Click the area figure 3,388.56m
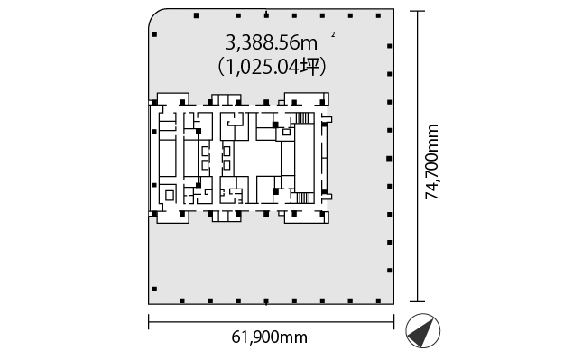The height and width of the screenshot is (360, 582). tap(272, 43)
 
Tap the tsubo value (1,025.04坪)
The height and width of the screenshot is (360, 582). tap(272, 67)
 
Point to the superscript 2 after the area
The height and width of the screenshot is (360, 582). tap(333, 34)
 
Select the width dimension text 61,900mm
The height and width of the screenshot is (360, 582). tap(270, 337)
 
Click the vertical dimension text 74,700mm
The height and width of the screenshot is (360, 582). tap(431, 162)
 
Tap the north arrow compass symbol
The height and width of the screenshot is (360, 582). tap(423, 331)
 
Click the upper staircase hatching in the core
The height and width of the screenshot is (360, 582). tap(302, 117)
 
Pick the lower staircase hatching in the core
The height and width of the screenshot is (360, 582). tap(302, 198)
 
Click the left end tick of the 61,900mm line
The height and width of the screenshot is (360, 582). tap(149, 321)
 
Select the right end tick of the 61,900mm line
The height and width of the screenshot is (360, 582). tap(393, 321)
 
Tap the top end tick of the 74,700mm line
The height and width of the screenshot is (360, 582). tap(418, 11)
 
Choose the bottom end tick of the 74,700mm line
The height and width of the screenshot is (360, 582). tap(418, 301)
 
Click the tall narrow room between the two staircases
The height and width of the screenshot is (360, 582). tap(304, 158)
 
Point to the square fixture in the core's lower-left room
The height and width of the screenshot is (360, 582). tap(170, 195)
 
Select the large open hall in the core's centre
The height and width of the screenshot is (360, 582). tap(257, 158)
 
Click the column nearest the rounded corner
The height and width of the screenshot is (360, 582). tap(154, 34)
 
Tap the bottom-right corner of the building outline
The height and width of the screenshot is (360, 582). tap(393, 304)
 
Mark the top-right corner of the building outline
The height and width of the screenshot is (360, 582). tap(393, 9)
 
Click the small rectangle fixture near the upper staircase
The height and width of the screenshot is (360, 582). tap(286, 132)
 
